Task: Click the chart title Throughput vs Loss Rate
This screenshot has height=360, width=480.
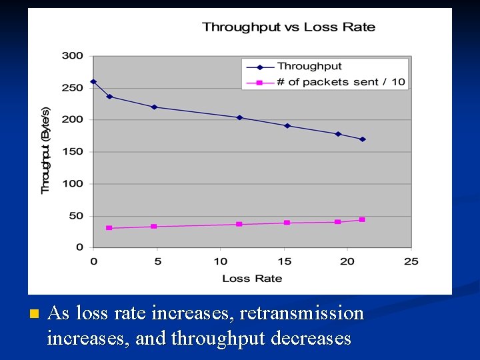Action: tap(289, 27)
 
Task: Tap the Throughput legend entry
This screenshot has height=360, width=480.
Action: tap(309, 66)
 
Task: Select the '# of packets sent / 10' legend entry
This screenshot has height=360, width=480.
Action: tap(341, 82)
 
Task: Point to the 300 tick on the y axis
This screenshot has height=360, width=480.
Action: tap(73, 56)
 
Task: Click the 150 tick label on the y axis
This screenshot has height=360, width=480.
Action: tap(73, 152)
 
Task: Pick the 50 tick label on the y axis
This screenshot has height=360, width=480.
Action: tap(75, 216)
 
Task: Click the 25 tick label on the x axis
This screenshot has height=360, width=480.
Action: tap(411, 261)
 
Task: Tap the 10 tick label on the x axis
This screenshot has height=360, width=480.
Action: tap(221, 261)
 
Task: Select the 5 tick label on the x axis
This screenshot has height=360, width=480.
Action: tap(157, 261)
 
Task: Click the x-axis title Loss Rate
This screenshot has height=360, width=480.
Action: tap(252, 278)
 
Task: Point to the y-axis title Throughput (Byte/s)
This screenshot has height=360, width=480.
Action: tap(46, 151)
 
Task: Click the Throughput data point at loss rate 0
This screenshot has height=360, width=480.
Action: tap(93, 81)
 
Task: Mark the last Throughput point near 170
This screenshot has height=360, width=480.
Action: tap(363, 139)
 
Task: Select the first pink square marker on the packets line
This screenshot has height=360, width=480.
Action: tap(109, 228)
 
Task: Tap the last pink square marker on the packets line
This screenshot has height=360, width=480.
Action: tap(362, 219)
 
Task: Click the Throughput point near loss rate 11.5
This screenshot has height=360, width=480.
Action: tap(240, 117)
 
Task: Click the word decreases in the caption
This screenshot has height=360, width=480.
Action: tap(311, 339)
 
